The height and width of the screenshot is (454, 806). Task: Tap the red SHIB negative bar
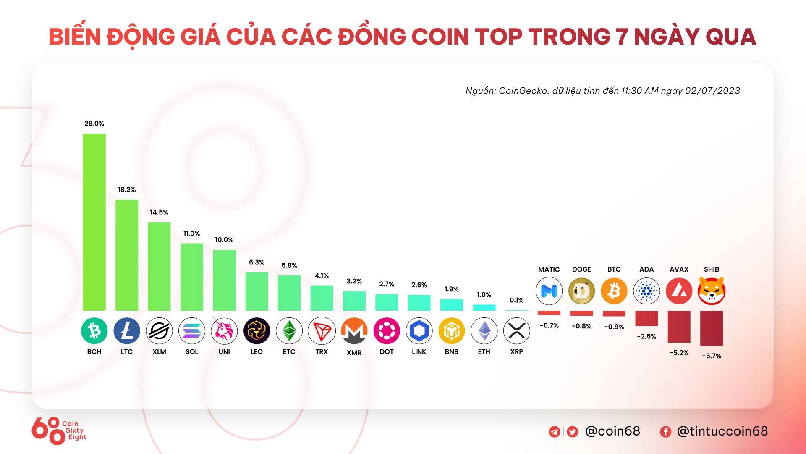[x=711, y=328]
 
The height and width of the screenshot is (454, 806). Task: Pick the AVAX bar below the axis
[x=679, y=327]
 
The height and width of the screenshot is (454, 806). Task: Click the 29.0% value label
[x=94, y=124]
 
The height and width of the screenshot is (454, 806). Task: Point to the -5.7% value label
[x=711, y=356]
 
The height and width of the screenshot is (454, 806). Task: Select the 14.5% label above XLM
[x=159, y=212]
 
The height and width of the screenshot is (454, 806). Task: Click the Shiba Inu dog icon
[x=711, y=290]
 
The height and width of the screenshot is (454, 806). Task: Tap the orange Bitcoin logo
[x=614, y=290]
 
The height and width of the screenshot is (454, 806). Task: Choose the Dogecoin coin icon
[x=581, y=290]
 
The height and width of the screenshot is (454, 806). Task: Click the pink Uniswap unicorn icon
[x=224, y=331]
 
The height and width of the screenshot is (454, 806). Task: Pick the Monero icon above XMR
[x=354, y=331]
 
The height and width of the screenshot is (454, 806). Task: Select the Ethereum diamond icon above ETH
[x=484, y=331]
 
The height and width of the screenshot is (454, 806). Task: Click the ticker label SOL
[x=191, y=351]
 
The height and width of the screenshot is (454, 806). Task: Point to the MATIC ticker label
[x=549, y=269]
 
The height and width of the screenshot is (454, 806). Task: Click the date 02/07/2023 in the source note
[x=712, y=91]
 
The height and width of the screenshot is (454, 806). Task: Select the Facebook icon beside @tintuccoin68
[x=665, y=432]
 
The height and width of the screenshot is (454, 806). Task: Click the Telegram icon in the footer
[x=554, y=432]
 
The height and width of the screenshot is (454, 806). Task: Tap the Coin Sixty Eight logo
[x=59, y=430]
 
